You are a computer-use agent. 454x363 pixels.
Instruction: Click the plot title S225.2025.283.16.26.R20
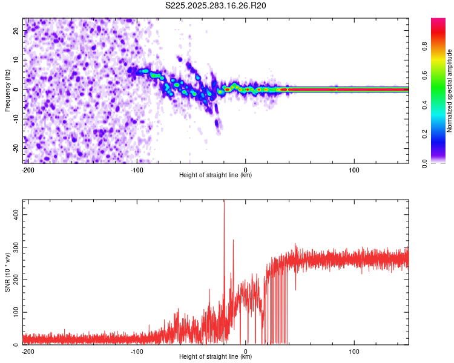[216, 5]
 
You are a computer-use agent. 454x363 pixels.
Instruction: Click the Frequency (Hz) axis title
[7, 90]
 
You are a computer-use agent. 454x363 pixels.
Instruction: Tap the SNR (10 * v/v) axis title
[7, 272]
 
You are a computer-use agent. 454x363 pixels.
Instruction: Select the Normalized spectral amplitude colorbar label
[450, 91]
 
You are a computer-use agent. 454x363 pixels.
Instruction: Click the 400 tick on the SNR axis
[15, 214]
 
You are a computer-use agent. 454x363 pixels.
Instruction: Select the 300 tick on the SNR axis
[15, 247]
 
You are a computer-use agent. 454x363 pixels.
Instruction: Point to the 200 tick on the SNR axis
[15, 280]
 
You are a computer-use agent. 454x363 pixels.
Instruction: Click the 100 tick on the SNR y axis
[15, 312]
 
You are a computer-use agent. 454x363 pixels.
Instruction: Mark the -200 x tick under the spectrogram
[27, 169]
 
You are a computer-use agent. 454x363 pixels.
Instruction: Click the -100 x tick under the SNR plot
[137, 351]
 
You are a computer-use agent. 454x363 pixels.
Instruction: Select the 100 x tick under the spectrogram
[354, 169]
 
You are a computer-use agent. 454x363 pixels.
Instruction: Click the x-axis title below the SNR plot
[215, 357]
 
